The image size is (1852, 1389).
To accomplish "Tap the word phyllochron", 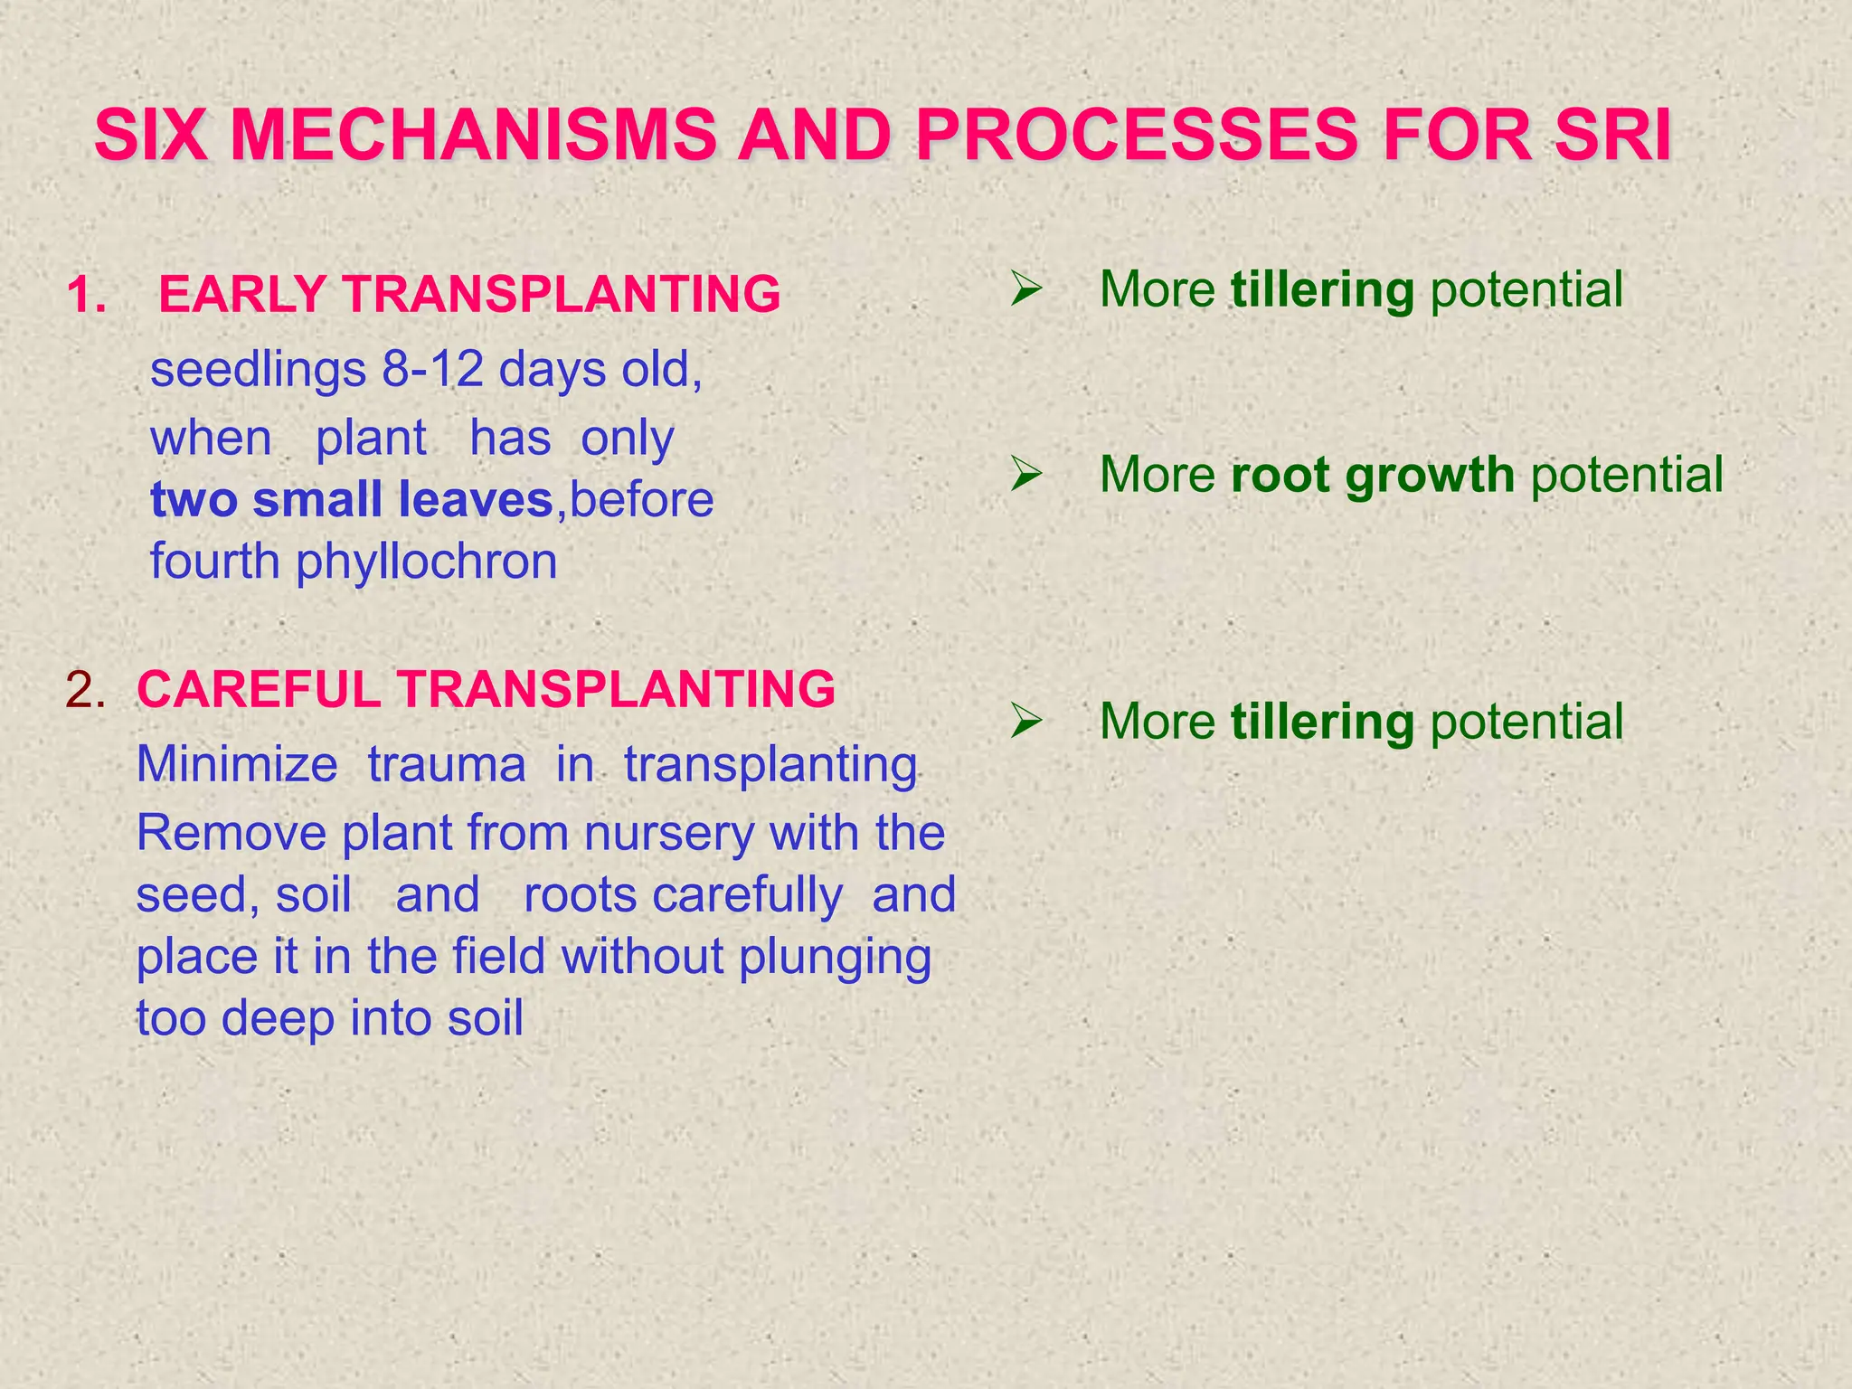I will [427, 562].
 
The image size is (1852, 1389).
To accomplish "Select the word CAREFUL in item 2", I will [258, 689].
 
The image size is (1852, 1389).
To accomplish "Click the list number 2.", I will [85, 689].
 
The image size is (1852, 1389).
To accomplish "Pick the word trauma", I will [447, 764].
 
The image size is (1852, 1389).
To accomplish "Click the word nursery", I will [668, 833].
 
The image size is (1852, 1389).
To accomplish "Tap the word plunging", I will [835, 957].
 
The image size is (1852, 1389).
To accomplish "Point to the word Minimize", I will [237, 764].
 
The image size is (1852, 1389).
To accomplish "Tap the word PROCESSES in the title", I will [1137, 137].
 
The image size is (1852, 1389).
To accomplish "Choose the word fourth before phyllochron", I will [214, 562].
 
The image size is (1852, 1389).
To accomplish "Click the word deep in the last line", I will [278, 1018].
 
